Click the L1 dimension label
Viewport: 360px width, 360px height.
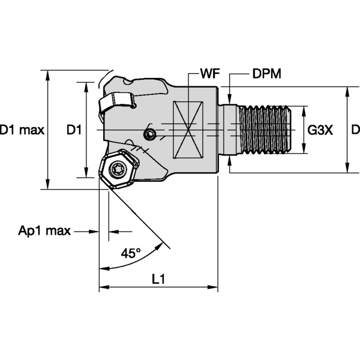[x=158, y=278]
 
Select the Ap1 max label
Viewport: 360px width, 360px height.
[x=44, y=231]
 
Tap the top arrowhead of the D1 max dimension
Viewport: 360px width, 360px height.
[x=48, y=70]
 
